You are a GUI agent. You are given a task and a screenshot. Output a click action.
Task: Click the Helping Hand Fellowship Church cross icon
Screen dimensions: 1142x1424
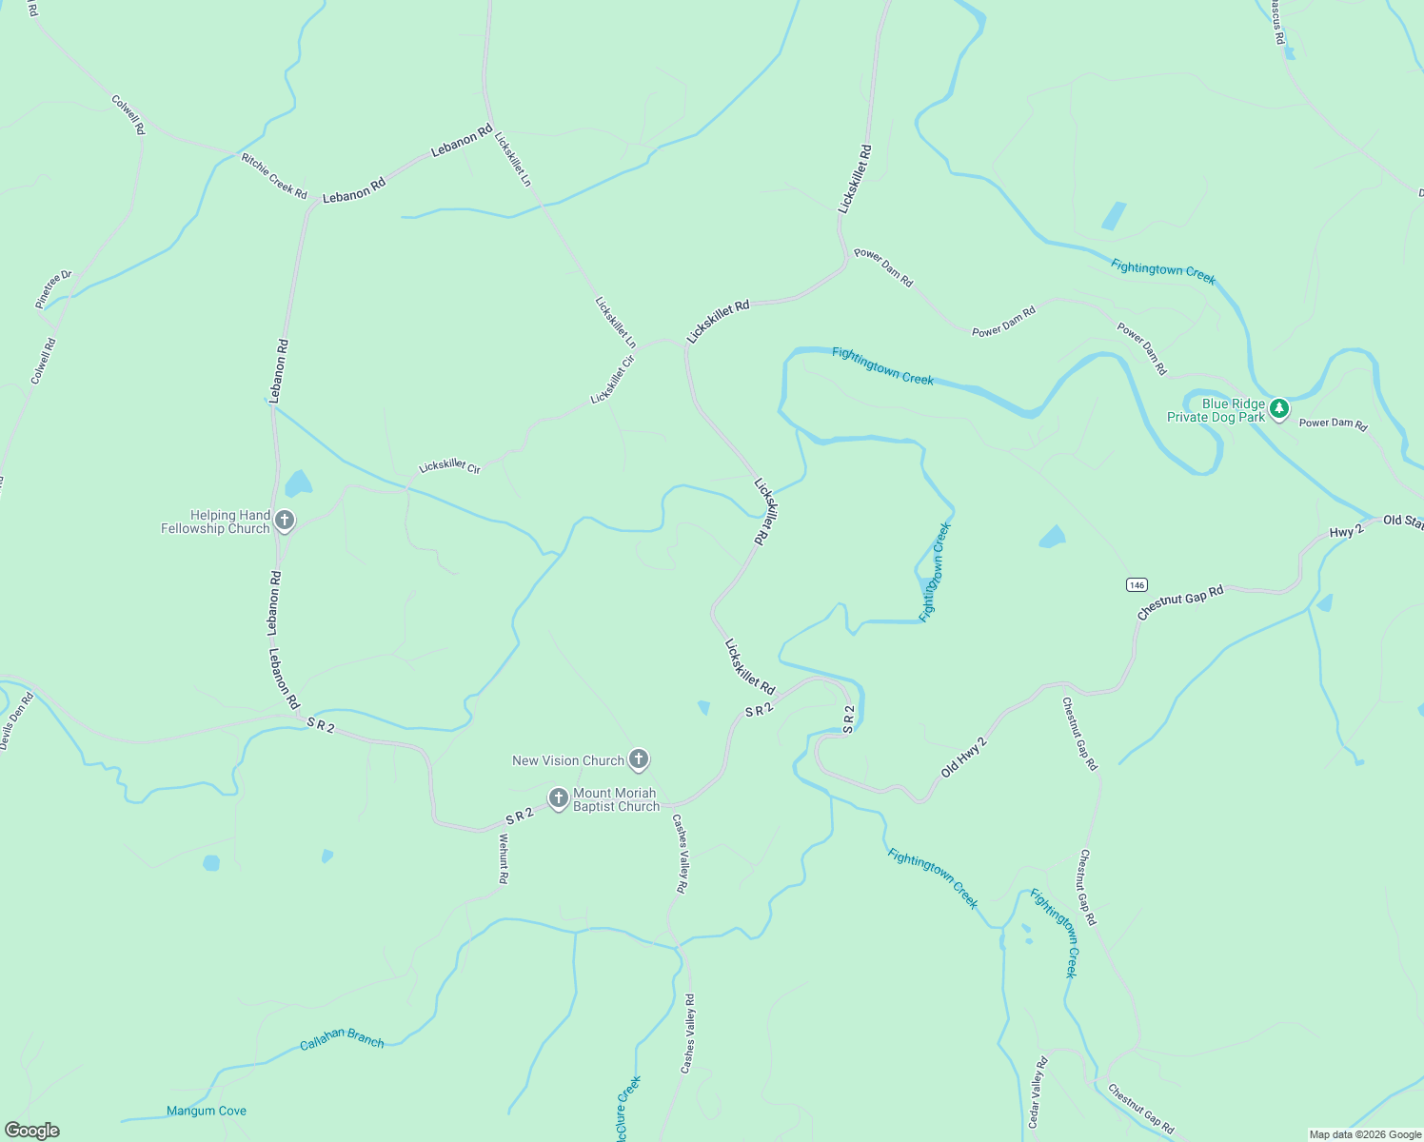coord(284,521)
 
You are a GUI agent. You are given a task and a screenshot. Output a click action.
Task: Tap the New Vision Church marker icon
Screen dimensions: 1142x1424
coord(639,759)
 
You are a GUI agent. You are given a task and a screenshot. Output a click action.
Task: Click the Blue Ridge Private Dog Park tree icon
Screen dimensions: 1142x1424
coord(1280,409)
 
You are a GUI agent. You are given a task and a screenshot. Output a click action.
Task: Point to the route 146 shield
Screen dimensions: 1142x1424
coord(1137,584)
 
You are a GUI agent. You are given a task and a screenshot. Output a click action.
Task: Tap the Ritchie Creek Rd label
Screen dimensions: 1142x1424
coord(274,176)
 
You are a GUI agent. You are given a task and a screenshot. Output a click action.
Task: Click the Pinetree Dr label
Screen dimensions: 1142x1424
coord(53,289)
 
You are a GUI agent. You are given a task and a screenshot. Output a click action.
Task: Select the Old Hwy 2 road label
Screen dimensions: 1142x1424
coord(964,758)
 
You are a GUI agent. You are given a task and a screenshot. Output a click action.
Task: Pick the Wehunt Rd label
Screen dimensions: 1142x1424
coord(504,858)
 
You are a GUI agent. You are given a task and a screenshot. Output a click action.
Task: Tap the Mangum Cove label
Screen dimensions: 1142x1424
coord(207,1111)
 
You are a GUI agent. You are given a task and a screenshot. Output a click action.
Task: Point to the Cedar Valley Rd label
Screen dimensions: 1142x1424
coord(1038,1093)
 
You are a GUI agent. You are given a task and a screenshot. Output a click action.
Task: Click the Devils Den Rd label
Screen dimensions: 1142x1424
coord(17,720)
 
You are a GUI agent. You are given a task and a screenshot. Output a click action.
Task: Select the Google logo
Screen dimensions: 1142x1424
coord(31,1131)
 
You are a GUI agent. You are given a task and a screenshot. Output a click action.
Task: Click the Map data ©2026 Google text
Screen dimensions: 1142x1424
coord(1364,1134)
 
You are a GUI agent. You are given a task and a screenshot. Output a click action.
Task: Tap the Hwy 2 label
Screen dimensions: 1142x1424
coord(1346,531)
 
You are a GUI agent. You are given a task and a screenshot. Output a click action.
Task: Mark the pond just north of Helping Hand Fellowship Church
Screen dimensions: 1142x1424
coord(298,483)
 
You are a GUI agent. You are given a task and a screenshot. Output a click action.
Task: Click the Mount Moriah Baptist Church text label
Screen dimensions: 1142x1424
coord(616,799)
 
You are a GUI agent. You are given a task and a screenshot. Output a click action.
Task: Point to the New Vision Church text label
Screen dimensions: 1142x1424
coord(567,760)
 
